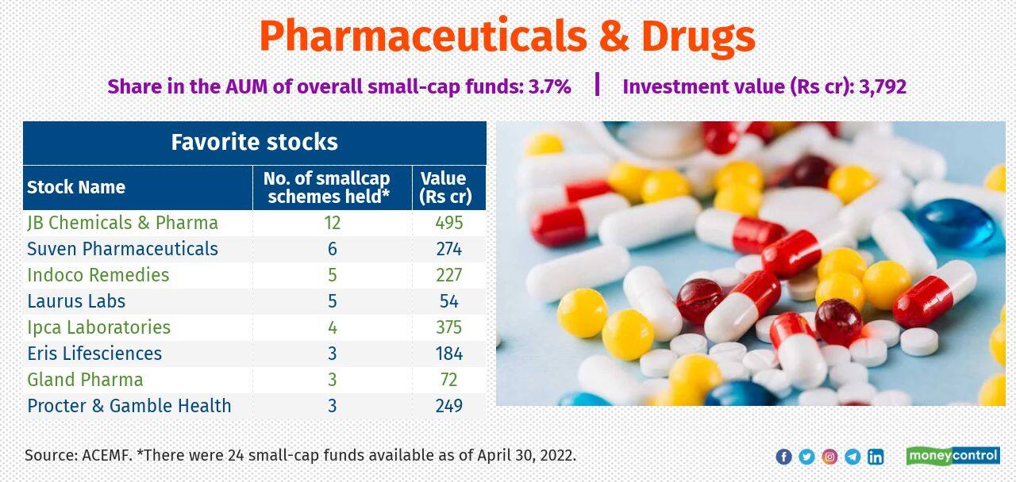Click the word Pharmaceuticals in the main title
pos(417,36)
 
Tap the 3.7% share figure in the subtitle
pos(549,86)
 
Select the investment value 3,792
pos(883,86)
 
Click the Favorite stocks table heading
pos(254,143)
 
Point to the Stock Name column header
pos(76,188)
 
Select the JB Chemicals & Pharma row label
pos(122,223)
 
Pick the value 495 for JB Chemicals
pos(448,223)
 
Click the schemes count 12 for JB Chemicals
pos(332,223)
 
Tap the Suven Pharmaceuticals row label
pos(122,249)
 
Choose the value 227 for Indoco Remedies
pos(448,275)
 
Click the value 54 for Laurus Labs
pos(448,301)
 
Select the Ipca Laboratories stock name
pos(98,327)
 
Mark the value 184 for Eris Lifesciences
pos(448,354)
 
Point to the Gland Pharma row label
pos(85,380)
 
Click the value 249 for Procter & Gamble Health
pos(448,406)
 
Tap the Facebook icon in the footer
pos(783,457)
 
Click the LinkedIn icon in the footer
pos(876,457)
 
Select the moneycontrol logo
pos(952,456)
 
